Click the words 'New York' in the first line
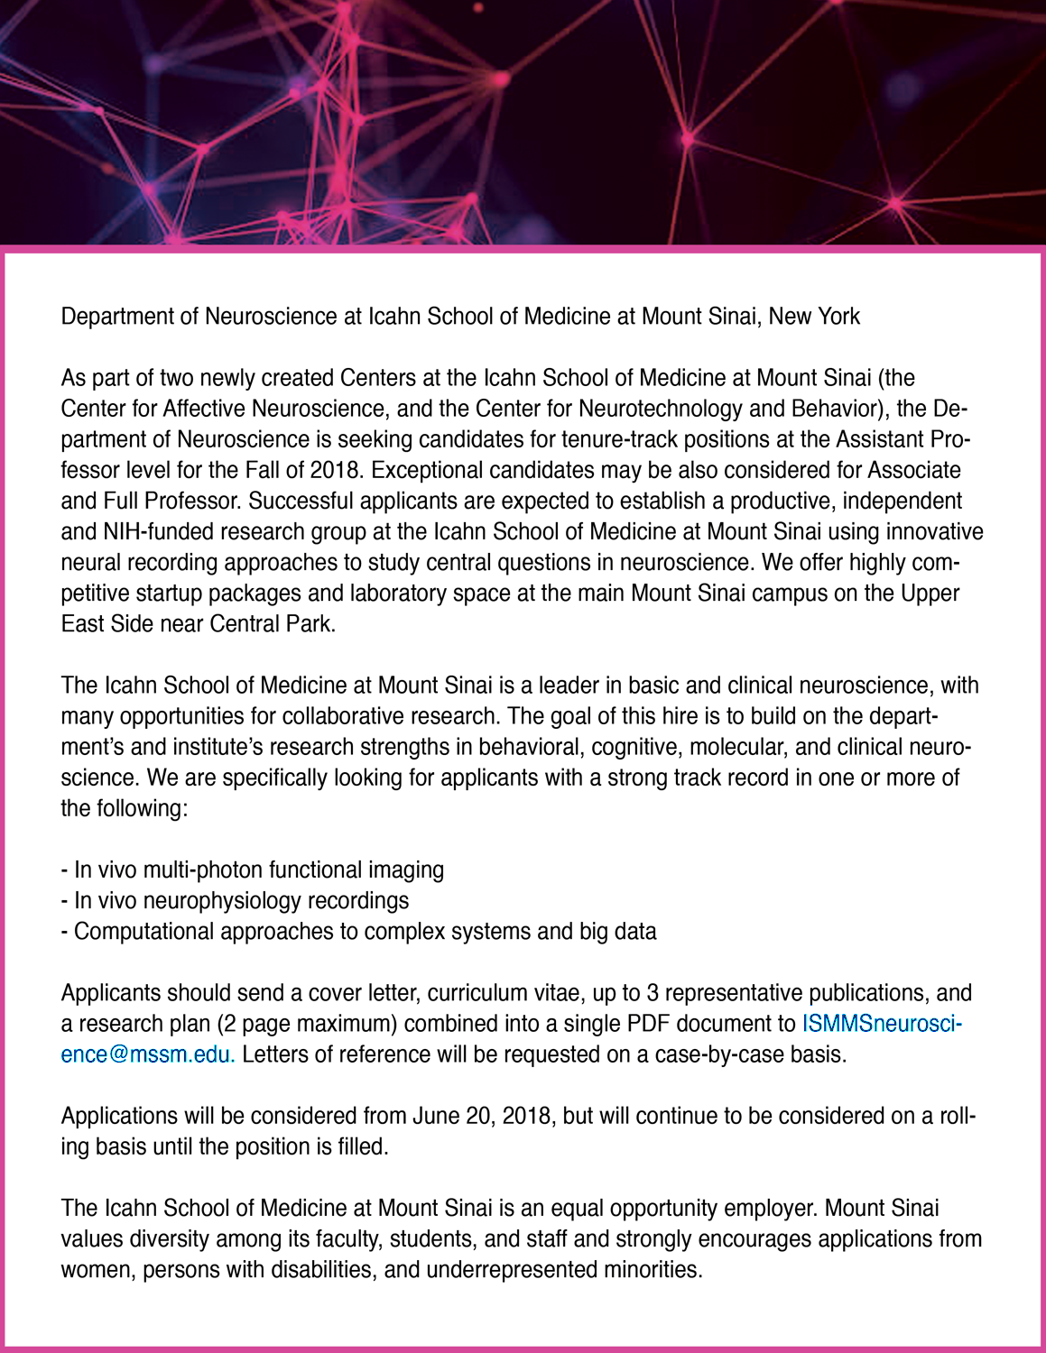pos(814,317)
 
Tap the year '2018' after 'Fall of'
pos(335,471)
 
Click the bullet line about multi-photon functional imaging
pos(253,870)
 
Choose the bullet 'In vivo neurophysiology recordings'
pos(235,901)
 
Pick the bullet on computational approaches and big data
pos(358,932)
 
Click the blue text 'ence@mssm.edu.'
pos(148,1054)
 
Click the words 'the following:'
pos(124,809)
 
